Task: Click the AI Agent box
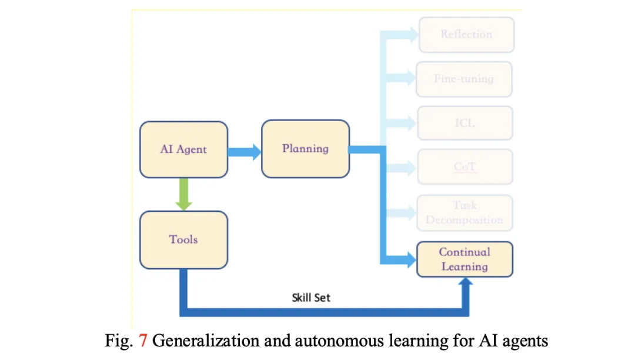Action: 183,149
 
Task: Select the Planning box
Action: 305,148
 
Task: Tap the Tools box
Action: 183,239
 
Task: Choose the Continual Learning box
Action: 464,259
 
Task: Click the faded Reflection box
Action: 466,35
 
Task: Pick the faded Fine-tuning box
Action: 464,78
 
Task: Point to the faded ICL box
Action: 464,123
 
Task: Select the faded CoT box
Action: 464,167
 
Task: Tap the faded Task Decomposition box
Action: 464,212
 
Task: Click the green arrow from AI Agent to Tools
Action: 183,194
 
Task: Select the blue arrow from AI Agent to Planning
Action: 245,152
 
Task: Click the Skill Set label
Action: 311,298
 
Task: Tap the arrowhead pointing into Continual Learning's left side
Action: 409,258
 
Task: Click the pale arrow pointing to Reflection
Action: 406,35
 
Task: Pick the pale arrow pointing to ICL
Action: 406,123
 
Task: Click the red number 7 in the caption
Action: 143,341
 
